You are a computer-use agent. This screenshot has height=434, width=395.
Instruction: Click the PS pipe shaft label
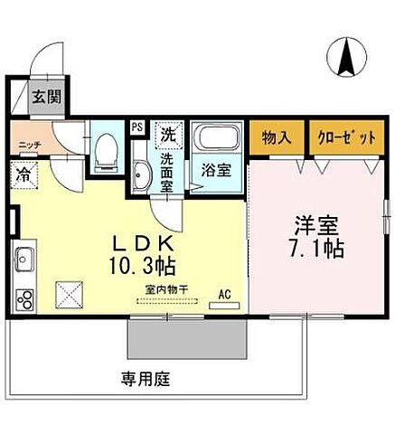[136, 127]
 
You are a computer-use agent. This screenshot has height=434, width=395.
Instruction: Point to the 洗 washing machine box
[168, 135]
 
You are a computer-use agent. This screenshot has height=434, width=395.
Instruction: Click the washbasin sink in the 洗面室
[140, 175]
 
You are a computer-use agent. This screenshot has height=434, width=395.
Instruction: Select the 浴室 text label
[214, 168]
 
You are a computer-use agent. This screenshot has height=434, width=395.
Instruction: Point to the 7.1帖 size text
[319, 248]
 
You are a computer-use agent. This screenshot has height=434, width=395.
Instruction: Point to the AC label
[225, 293]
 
